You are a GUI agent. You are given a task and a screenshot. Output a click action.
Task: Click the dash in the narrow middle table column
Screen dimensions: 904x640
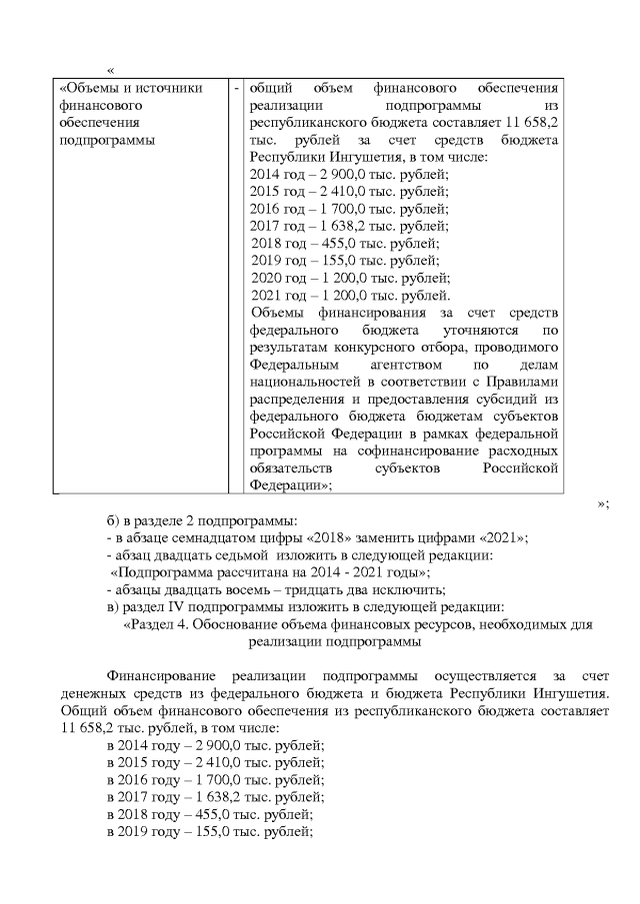point(236,89)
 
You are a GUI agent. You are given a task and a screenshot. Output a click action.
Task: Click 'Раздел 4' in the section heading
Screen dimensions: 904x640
point(156,625)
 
